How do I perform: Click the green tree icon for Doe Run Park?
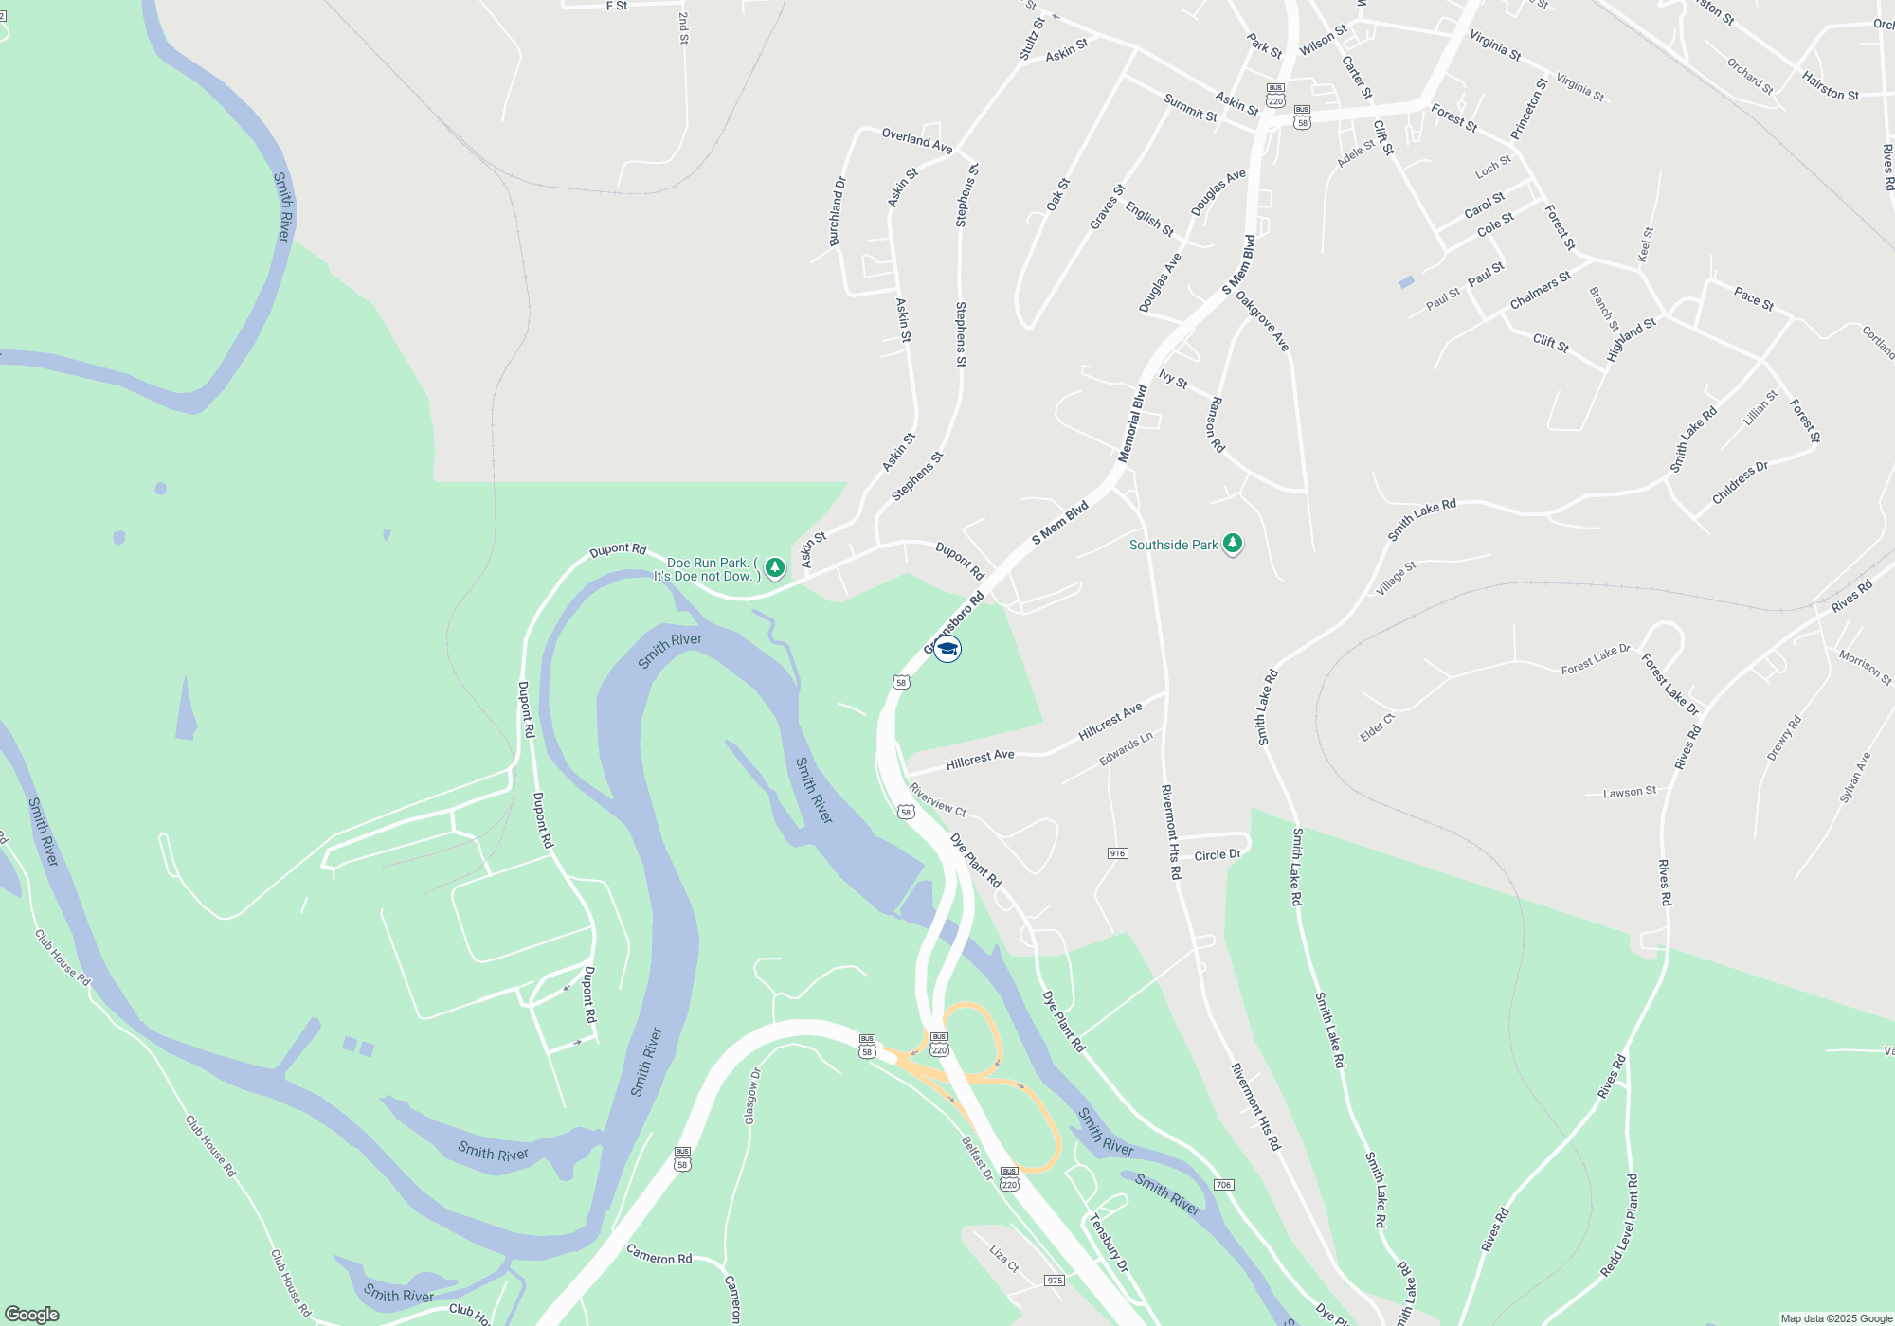click(775, 567)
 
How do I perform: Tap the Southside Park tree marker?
click(1233, 544)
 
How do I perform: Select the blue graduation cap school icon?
click(947, 649)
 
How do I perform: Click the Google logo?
click(31, 1314)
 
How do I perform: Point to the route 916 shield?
click(1117, 853)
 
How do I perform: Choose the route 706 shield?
click(1223, 1185)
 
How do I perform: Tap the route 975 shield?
click(1055, 1281)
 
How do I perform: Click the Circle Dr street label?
click(1218, 855)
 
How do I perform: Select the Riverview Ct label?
click(937, 799)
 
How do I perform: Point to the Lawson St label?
click(1630, 792)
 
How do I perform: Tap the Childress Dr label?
click(1740, 483)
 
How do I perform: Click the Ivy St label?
click(1173, 380)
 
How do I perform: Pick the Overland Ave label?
click(916, 140)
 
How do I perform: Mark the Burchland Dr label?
click(837, 212)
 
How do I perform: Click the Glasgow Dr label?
click(752, 1097)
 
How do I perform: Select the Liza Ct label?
click(1004, 1259)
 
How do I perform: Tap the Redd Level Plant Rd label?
click(1620, 1227)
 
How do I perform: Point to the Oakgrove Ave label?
click(1262, 321)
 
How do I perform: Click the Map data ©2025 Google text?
click(1836, 1318)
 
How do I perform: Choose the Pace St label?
click(1753, 299)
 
